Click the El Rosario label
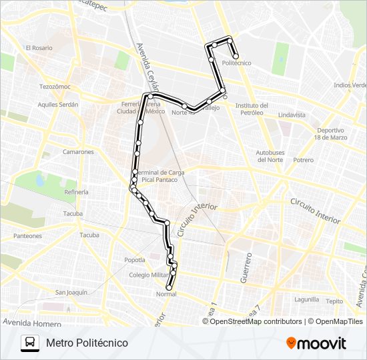tap(39, 48)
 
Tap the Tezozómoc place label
tap(55, 87)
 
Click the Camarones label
tap(78, 152)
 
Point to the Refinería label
tap(76, 192)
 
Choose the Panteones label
tap(27, 236)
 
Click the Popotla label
tap(134, 260)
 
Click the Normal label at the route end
tap(165, 294)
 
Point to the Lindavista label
tap(292, 115)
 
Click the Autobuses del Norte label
tap(270, 156)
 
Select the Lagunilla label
tap(306, 299)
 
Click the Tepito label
tap(334, 301)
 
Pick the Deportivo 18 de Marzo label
tap(331, 133)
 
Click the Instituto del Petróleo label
tap(252, 109)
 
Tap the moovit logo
tap(316, 343)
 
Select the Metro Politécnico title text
tap(87, 343)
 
